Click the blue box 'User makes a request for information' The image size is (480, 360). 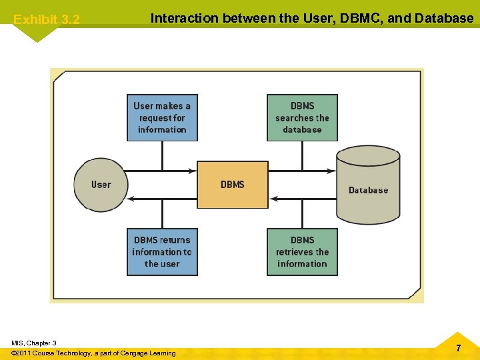tap(162, 117)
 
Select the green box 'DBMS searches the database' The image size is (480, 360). tap(302, 117)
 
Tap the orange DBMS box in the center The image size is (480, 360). tap(232, 185)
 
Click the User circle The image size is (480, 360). tap(100, 185)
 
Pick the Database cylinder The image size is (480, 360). tap(368, 186)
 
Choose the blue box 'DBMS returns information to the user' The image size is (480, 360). tap(162, 252)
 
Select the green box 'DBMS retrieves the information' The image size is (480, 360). tap(302, 252)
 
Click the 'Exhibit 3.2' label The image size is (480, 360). tap(47, 20)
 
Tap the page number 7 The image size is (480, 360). tap(458, 348)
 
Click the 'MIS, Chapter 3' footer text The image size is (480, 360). tap(34, 343)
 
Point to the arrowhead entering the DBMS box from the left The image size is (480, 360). tap(194, 171)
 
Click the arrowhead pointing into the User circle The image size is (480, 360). tap(131, 198)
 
